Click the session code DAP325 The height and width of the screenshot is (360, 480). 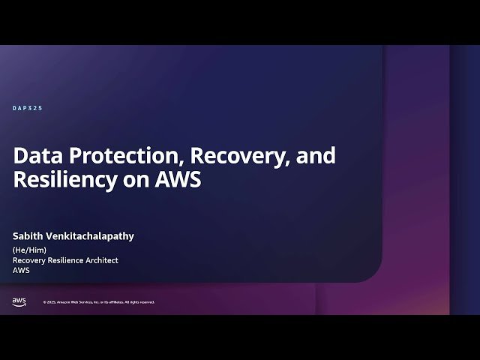(x=28, y=109)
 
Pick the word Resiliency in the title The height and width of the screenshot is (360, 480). (x=63, y=180)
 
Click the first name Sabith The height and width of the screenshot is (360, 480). (x=28, y=236)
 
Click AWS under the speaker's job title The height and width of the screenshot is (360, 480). (x=21, y=271)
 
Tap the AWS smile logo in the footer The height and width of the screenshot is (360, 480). (x=19, y=301)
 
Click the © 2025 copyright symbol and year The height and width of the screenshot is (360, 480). (x=50, y=302)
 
